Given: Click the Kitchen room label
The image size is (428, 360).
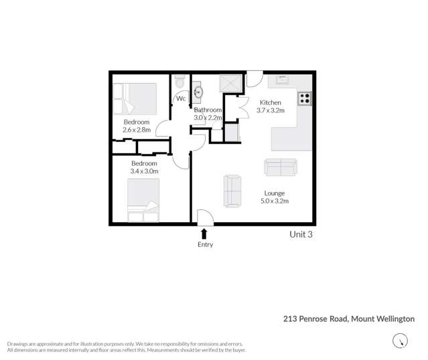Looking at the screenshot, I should click(271, 102).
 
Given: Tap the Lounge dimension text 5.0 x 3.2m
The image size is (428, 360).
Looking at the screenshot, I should click(274, 201).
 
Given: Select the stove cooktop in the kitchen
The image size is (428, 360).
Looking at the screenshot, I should click(305, 98).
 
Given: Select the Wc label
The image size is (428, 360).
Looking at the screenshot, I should click(181, 99).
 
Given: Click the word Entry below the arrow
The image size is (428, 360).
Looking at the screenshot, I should click(205, 245).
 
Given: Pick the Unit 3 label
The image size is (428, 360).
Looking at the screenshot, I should click(301, 234).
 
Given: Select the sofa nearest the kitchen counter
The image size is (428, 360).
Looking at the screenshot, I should click(281, 167).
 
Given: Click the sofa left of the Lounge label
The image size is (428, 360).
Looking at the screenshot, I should click(232, 191).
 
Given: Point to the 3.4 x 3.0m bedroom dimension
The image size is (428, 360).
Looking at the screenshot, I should click(144, 171).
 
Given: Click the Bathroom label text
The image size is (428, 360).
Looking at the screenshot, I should click(208, 110).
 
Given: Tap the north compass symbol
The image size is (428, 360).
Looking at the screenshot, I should click(400, 341).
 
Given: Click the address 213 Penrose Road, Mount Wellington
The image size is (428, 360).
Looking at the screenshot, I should click(348, 319).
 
